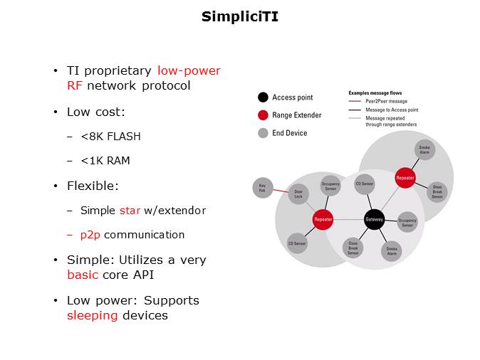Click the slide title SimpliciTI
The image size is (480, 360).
click(x=239, y=16)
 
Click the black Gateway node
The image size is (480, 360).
click(x=374, y=219)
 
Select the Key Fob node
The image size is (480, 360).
click(x=263, y=188)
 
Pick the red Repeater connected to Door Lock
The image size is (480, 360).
click(x=323, y=220)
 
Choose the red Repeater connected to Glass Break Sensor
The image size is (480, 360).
click(x=405, y=177)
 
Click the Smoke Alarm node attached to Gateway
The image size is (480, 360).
click(x=392, y=250)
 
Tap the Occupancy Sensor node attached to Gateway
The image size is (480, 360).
click(x=407, y=222)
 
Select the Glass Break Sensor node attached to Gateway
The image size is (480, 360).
click(x=353, y=248)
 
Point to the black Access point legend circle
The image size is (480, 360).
click(x=263, y=97)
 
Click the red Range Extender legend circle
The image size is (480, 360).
click(x=263, y=115)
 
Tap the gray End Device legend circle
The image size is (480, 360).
click(x=263, y=133)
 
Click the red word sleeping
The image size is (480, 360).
click(x=92, y=315)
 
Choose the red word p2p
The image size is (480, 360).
click(x=92, y=235)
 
